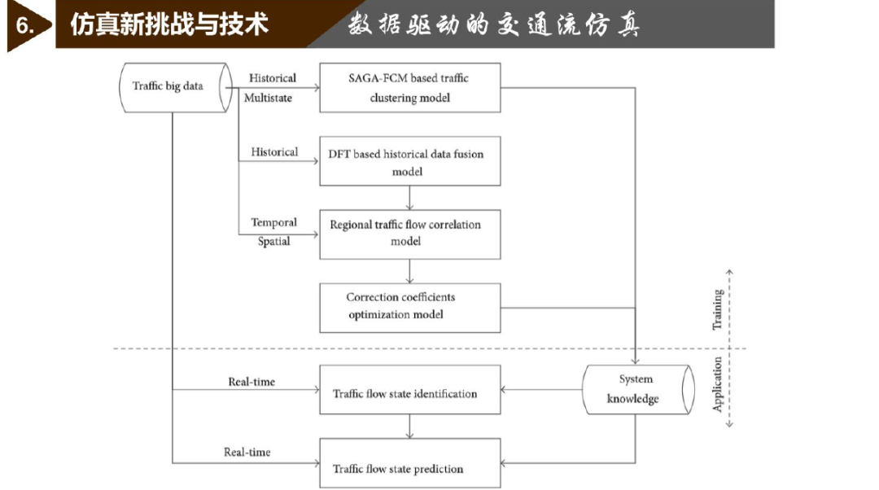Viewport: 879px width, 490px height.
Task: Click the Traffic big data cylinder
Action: pyautogui.click(x=176, y=87)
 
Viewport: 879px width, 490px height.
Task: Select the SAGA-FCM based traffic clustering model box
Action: pyautogui.click(x=409, y=87)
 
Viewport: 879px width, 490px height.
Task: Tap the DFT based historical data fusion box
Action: pyautogui.click(x=409, y=161)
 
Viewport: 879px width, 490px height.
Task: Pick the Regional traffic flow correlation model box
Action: pyautogui.click(x=409, y=234)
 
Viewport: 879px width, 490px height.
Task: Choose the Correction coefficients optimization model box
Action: pyautogui.click(x=409, y=308)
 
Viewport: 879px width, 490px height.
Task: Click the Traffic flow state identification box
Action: pyautogui.click(x=409, y=390)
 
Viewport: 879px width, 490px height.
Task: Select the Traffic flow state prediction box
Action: pyautogui.click(x=409, y=463)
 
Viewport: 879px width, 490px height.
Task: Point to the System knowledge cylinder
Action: pyautogui.click(x=638, y=390)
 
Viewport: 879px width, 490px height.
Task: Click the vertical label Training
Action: pyautogui.click(x=717, y=309)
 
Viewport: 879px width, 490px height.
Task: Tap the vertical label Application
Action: pyautogui.click(x=717, y=385)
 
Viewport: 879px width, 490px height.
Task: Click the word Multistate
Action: pyautogui.click(x=268, y=98)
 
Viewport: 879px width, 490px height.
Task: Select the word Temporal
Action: pyautogui.click(x=273, y=222)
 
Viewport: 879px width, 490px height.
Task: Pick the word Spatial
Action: pyautogui.click(x=273, y=241)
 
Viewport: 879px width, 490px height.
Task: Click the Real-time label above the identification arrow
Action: pyautogui.click(x=251, y=382)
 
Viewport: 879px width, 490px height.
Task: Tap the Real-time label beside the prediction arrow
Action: pyautogui.click(x=247, y=452)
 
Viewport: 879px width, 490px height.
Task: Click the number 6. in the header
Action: pyautogui.click(x=24, y=25)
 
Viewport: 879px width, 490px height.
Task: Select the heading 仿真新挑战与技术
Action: pyautogui.click(x=169, y=24)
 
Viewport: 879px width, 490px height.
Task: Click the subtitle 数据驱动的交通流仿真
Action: pyautogui.click(x=494, y=24)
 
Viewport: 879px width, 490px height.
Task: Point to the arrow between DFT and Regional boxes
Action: pyautogui.click(x=409, y=198)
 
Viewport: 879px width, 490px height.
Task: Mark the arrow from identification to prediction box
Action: pyautogui.click(x=409, y=427)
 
